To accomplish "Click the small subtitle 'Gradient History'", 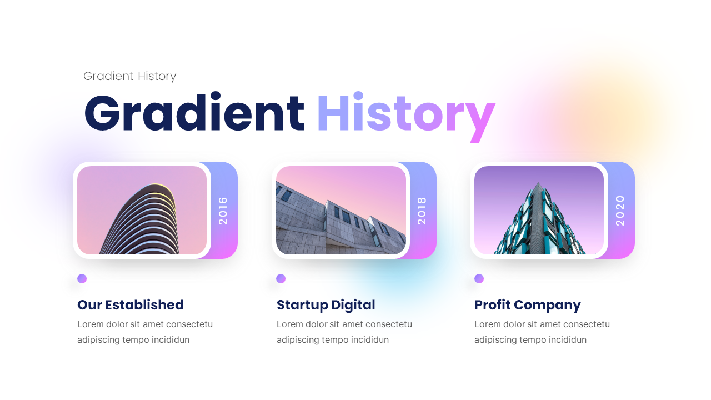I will [129, 76].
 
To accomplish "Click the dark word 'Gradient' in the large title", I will [194, 113].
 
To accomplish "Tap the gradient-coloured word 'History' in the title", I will [405, 114].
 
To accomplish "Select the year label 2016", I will [223, 211].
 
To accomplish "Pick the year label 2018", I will [422, 211].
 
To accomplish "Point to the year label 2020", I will [620, 211].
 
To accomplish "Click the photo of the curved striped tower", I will [142, 211].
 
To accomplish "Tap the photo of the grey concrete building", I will [341, 211].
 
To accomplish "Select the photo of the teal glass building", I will [539, 211].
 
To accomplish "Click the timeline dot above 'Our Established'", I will [82, 279].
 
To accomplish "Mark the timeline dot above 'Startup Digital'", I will [281, 279].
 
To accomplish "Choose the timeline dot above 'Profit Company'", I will [479, 279].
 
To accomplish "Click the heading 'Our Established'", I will [131, 305].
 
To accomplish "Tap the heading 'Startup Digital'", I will [326, 305].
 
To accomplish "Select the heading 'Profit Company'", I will [528, 305].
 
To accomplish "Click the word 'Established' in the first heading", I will [144, 305].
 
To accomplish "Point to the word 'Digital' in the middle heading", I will [353, 305].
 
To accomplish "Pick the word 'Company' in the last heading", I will [548, 305].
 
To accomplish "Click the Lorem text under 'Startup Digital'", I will [344, 332].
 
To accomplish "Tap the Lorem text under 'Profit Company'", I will [542, 332].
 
